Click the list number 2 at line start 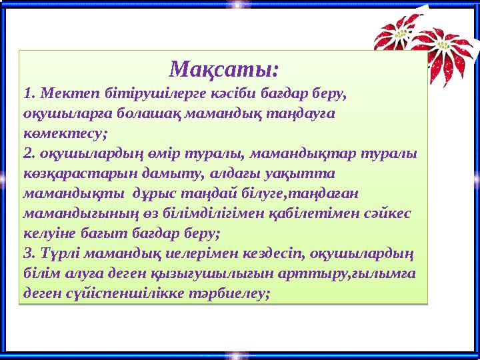click(x=27, y=153)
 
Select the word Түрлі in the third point click(x=58, y=255)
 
